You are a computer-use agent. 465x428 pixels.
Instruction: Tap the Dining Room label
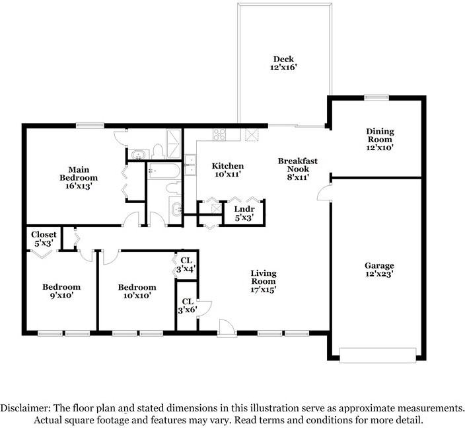point(380,140)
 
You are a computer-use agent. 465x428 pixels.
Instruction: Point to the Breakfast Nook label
point(298,169)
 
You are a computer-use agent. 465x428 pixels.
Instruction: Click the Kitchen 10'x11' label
point(227,170)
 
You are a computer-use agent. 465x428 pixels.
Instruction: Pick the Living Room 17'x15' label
point(263,280)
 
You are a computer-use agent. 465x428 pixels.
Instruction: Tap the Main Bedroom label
point(79,177)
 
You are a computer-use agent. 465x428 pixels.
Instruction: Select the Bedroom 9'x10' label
point(61,291)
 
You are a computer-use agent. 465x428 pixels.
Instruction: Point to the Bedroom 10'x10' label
point(137,291)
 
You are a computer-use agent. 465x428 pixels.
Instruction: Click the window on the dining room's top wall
point(376,98)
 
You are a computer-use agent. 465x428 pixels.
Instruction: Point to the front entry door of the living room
point(226,326)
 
